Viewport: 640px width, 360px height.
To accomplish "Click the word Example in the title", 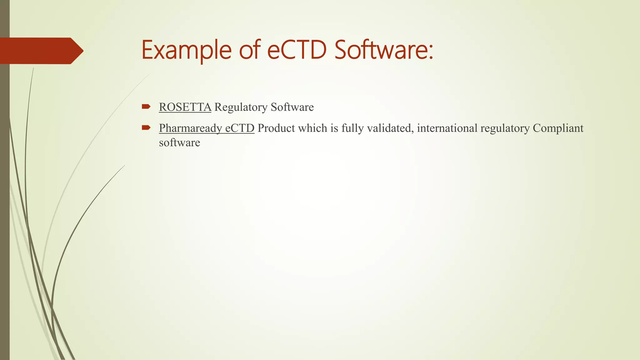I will [x=186, y=50].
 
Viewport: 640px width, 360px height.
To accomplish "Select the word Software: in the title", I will [x=384, y=50].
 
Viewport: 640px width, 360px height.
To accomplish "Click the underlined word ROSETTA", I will [x=185, y=107].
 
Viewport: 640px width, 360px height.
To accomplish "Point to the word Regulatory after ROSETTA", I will [x=241, y=107].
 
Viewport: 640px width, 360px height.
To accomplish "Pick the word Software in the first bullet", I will [x=292, y=107].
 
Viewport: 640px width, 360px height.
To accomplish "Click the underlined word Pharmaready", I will [x=190, y=128].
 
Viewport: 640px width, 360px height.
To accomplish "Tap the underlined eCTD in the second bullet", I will [x=240, y=128].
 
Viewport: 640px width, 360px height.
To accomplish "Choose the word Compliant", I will [x=558, y=128].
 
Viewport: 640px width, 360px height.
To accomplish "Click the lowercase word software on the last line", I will [x=179, y=143].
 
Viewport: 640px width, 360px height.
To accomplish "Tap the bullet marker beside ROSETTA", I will [x=146, y=107].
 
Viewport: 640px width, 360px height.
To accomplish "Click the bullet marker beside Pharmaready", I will [x=146, y=127].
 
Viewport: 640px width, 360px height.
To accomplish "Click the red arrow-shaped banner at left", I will [x=41, y=51].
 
